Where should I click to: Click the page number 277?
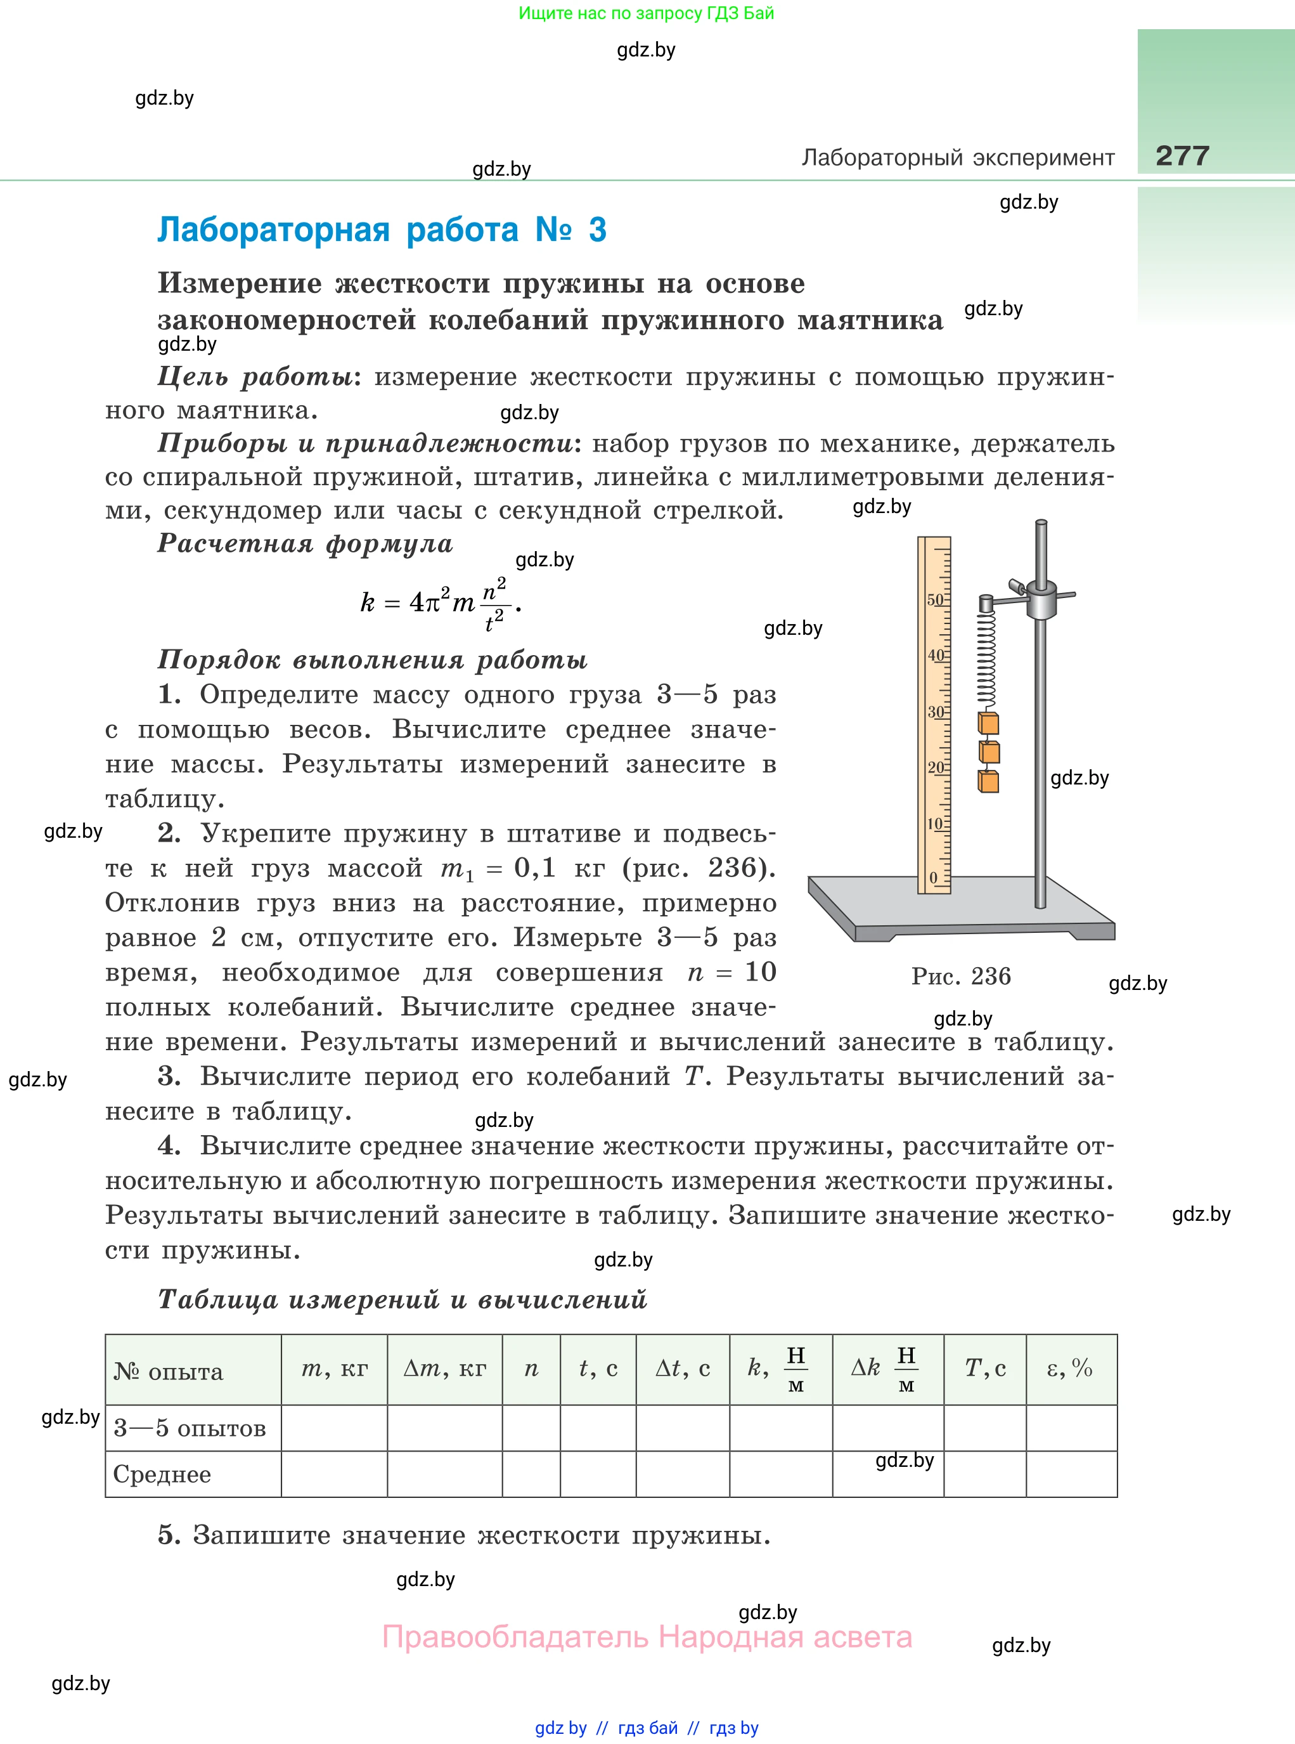[1182, 155]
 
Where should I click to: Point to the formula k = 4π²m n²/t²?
[440, 603]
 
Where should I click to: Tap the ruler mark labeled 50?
[936, 600]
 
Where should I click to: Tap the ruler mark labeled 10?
[935, 823]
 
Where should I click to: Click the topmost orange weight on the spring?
[988, 723]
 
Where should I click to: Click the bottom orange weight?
[988, 781]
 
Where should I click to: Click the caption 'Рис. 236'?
[960, 976]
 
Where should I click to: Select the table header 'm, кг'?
[334, 1369]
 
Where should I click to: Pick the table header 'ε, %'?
[1070, 1369]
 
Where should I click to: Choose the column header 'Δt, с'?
[682, 1369]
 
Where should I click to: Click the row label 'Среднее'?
[162, 1474]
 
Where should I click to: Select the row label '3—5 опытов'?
[190, 1428]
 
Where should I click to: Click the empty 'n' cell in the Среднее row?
[531, 1474]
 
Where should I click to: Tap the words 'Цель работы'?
[255, 377]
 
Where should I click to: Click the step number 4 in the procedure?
[169, 1146]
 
